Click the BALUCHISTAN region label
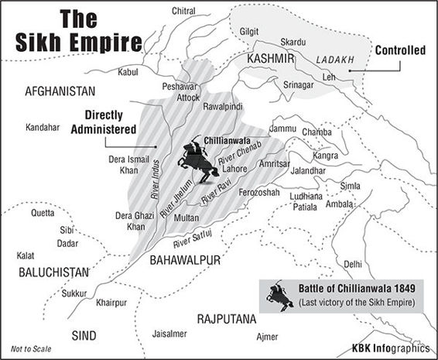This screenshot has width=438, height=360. click(46, 273)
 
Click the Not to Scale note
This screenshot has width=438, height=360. click(31, 349)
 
